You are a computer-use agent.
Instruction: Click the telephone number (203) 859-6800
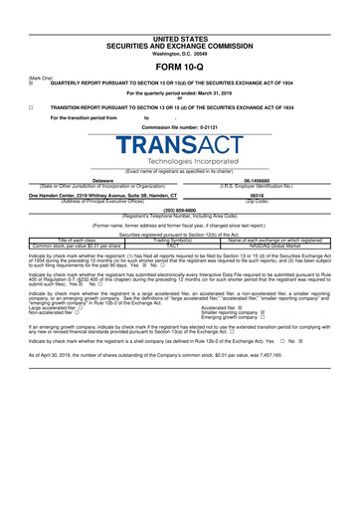[x=179, y=211]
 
